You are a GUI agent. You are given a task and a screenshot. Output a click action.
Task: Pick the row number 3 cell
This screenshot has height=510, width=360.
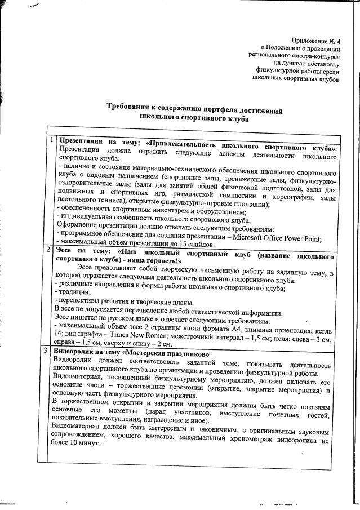click(x=51, y=350)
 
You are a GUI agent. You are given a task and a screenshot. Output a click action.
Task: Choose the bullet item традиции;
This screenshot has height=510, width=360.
click(x=72, y=292)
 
